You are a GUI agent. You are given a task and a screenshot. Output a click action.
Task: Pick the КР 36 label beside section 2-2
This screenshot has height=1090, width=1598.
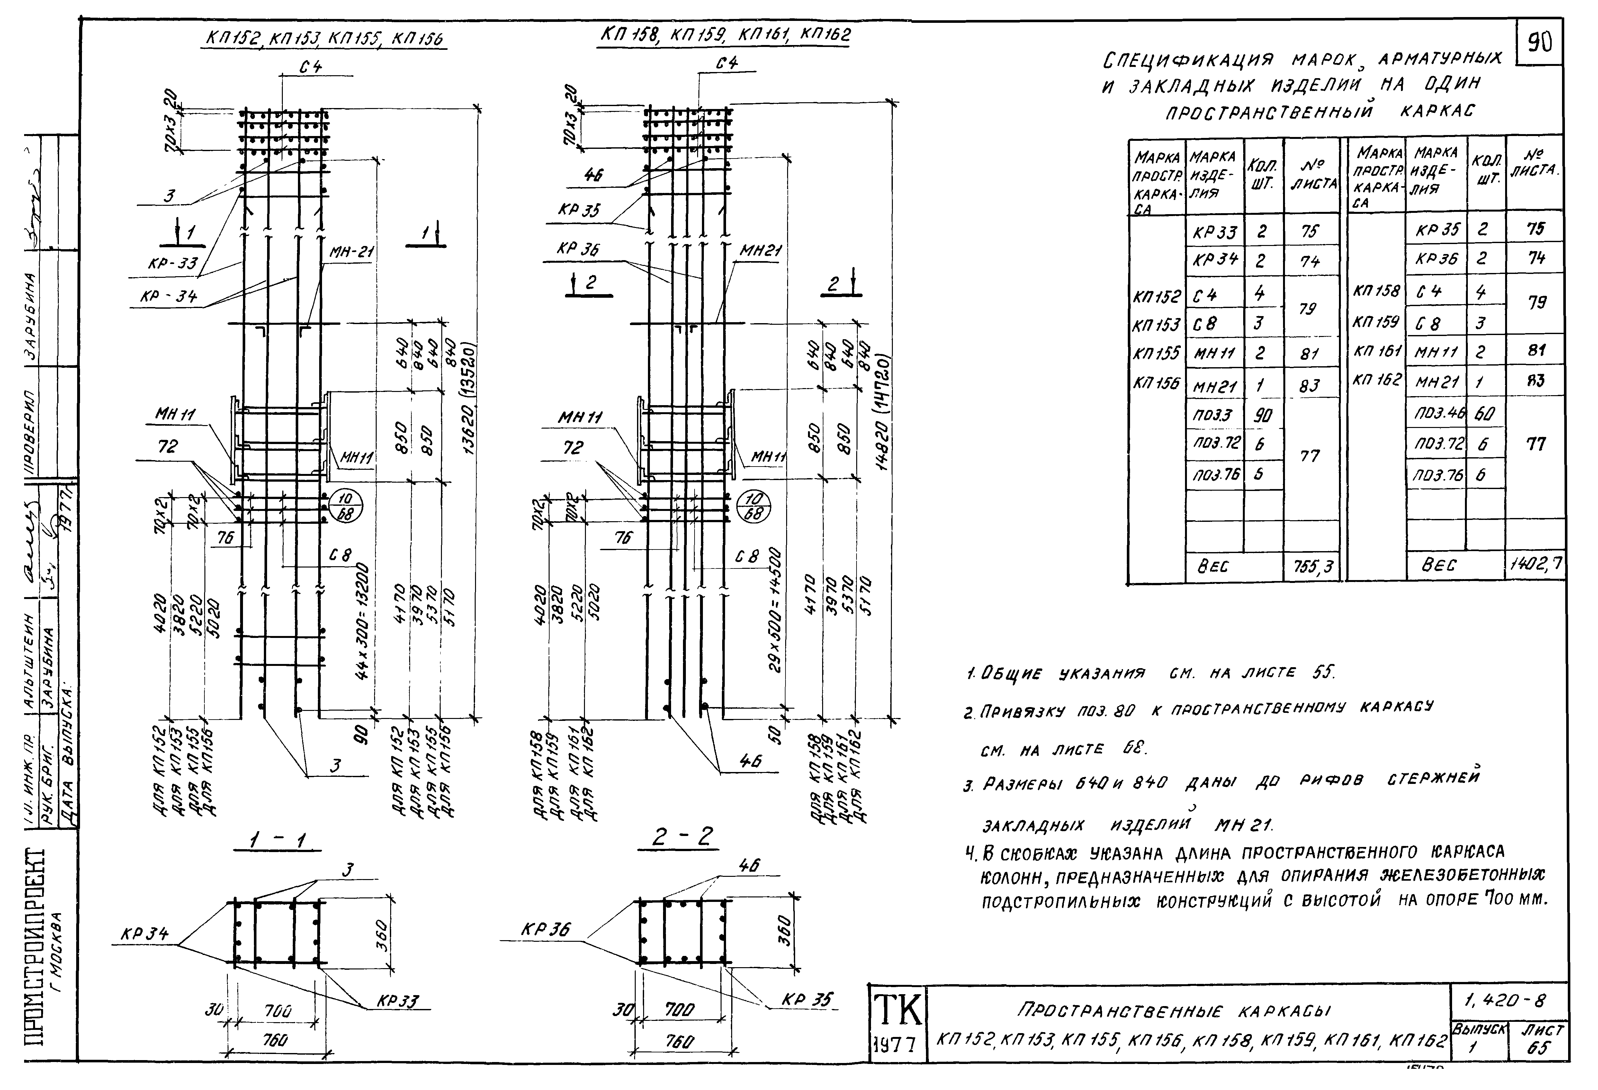click(545, 930)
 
